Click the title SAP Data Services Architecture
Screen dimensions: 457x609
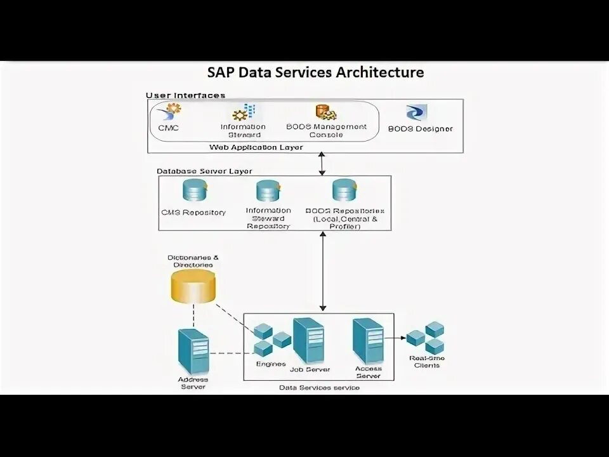[x=315, y=72]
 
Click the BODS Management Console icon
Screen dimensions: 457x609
[x=325, y=113]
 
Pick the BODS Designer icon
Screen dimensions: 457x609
[x=417, y=113]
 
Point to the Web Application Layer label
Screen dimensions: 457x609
[x=256, y=147]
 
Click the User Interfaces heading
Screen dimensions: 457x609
[x=185, y=95]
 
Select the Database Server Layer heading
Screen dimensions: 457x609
[x=204, y=171]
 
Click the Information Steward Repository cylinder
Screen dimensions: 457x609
[x=268, y=192]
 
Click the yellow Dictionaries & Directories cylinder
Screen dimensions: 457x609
[x=193, y=284]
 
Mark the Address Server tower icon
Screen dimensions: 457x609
[x=193, y=352]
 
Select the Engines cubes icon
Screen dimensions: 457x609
[x=271, y=340]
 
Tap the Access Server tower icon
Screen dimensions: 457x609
[x=368, y=341]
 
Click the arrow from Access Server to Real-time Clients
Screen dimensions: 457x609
[x=395, y=338]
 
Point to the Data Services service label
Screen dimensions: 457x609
[x=319, y=387]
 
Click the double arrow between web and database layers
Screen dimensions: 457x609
[x=322, y=164]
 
